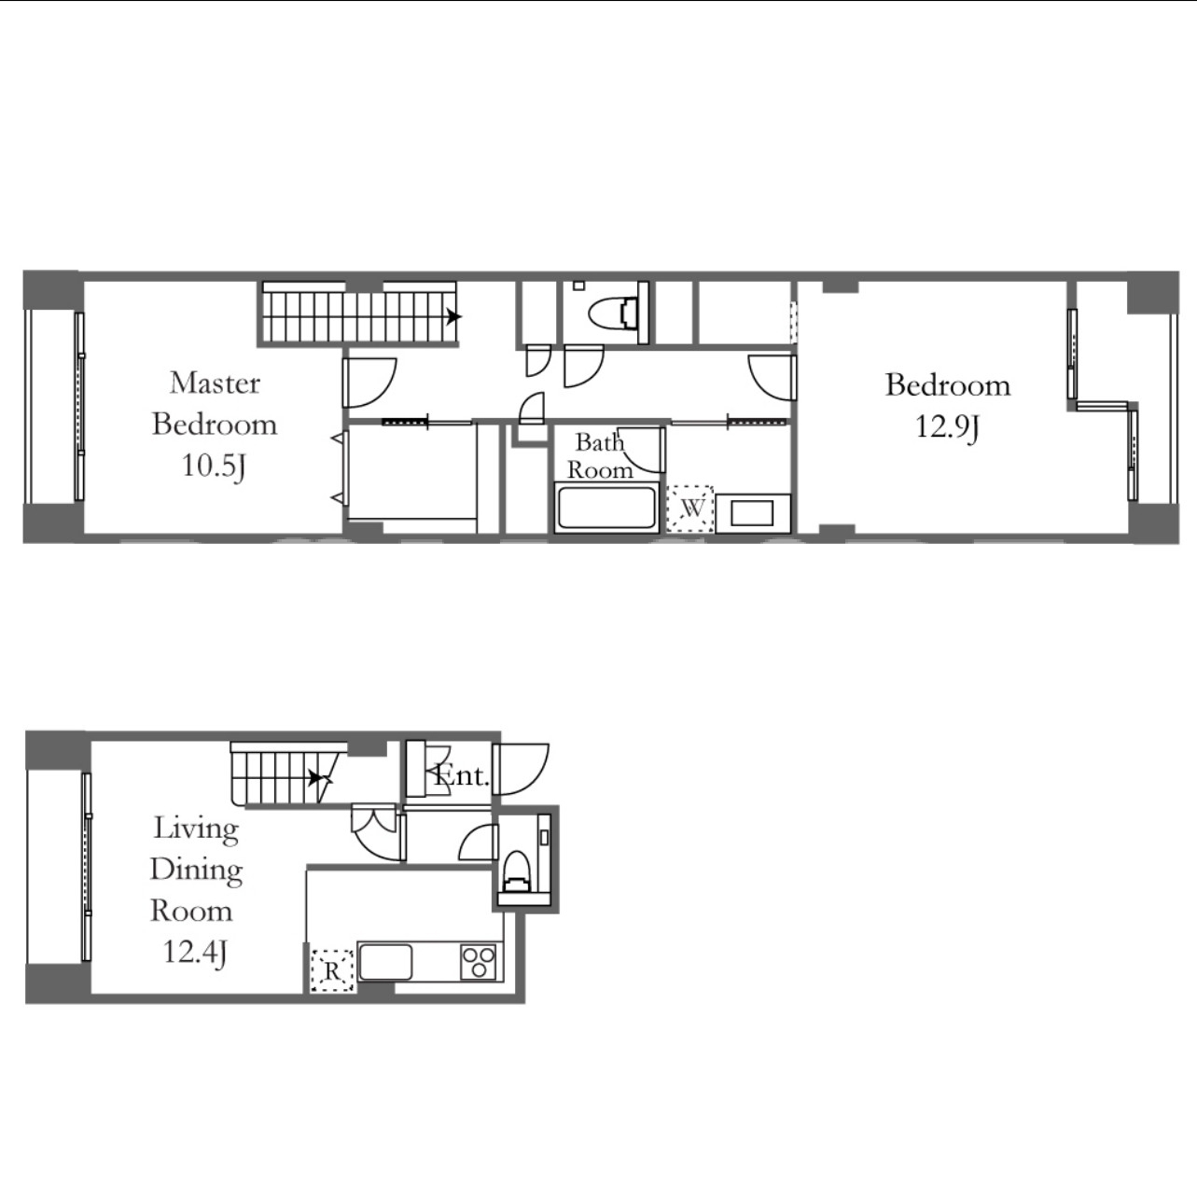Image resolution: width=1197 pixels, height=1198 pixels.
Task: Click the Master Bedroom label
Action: pos(215,403)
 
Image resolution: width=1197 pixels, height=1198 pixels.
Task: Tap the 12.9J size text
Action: pos(947,427)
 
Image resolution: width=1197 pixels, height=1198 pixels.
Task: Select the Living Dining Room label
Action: pos(195,870)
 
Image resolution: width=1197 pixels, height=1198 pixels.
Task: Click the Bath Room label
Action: pos(599,455)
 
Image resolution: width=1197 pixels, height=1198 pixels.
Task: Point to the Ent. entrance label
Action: pos(461,775)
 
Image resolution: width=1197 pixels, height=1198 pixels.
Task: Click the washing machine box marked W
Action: pos(690,508)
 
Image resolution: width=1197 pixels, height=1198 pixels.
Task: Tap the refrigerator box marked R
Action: pos(332,969)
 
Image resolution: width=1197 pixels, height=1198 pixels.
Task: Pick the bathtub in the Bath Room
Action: pos(606,508)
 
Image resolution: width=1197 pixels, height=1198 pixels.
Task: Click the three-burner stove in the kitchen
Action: pos(479,962)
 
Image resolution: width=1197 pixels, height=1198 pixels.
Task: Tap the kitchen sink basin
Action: pos(385,962)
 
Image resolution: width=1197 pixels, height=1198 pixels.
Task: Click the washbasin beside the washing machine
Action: pos(752,513)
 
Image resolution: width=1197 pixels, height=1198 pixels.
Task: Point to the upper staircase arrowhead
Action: pos(454,316)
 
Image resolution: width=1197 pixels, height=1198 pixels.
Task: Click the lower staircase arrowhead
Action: pos(316,777)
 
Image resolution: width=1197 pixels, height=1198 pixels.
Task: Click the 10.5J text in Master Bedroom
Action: pos(214,466)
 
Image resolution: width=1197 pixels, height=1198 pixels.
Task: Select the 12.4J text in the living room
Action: pos(194,952)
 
